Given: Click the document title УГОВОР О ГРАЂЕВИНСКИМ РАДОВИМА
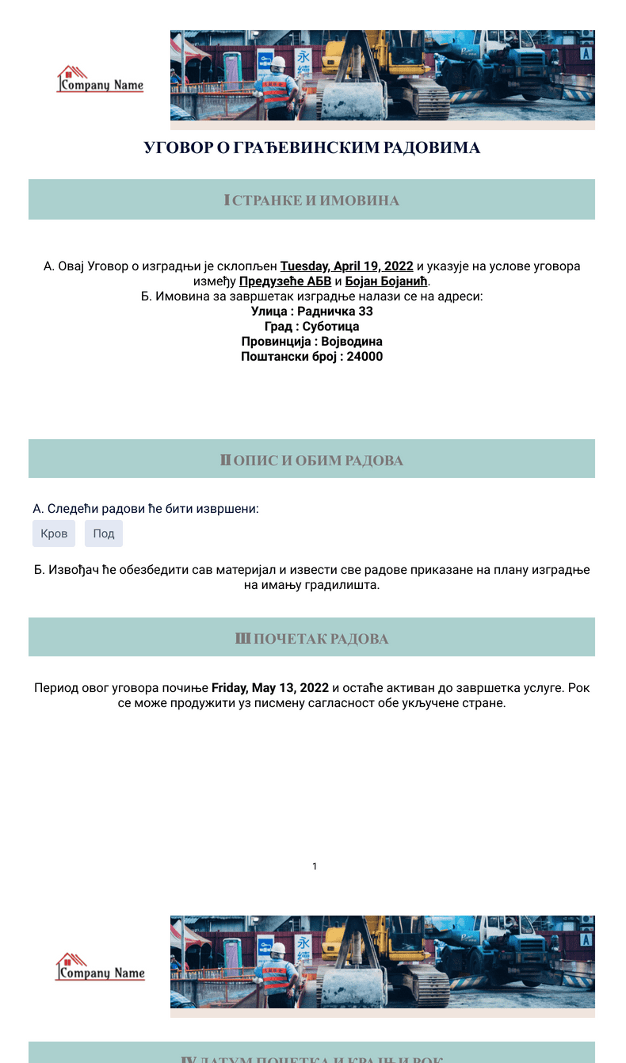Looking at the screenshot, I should pyautogui.click(x=311, y=148).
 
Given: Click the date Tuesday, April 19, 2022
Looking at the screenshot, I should pyautogui.click(x=346, y=266).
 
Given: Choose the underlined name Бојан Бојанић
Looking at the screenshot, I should pyautogui.click(x=387, y=281).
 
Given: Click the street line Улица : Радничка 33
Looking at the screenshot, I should pyautogui.click(x=311, y=312).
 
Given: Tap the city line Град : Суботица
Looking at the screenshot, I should pyautogui.click(x=311, y=327).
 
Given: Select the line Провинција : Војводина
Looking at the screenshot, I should pyautogui.click(x=311, y=342).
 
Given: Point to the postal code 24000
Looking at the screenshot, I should pyautogui.click(x=365, y=357).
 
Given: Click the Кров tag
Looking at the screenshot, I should pyautogui.click(x=54, y=533).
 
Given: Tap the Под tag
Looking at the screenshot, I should pyautogui.click(x=104, y=533).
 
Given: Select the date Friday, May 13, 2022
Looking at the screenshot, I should pyautogui.click(x=269, y=688).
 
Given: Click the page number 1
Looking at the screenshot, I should pyautogui.click(x=315, y=866).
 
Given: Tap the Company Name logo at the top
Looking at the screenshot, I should pyautogui.click(x=100, y=80).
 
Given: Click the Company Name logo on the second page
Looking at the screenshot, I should pyautogui.click(x=100, y=968).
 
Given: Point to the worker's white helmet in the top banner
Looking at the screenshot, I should pyautogui.click(x=278, y=62).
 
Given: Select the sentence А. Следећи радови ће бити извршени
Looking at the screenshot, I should pyautogui.click(x=146, y=509).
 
